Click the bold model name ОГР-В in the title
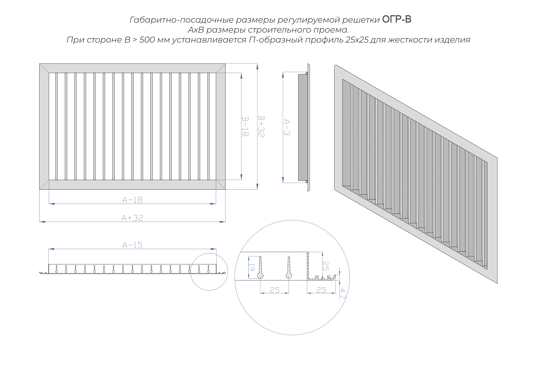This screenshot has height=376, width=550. pos(397,19)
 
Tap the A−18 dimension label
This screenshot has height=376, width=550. pos(132,200)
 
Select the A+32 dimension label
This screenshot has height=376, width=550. pos(132,218)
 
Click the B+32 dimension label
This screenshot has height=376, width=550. pos(261,126)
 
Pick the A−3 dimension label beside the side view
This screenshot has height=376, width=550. pos(287,127)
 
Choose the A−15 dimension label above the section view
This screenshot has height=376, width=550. pos(132,245)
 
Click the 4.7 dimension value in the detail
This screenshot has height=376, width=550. pos(343,294)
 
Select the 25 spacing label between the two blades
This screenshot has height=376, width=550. pos(275,290)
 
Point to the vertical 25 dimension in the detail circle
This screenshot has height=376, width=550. pos(326,266)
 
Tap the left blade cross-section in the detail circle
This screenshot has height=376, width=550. pos(260,268)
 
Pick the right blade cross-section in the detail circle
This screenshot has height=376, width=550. pos(289,268)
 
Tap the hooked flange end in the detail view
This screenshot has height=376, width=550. pos(333,277)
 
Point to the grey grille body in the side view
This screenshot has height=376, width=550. pos(303,127)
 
